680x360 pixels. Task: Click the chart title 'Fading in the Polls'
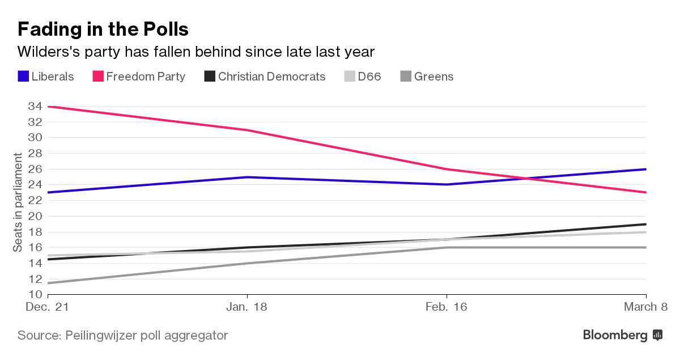tap(103, 29)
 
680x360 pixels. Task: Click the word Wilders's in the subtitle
tap(49, 52)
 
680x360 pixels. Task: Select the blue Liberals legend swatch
tap(23, 77)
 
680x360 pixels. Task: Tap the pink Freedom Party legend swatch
tap(98, 77)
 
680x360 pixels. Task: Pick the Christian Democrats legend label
tap(271, 77)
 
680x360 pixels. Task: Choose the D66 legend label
tap(369, 77)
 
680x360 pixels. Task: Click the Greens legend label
tap(433, 77)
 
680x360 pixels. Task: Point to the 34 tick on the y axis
tap(35, 107)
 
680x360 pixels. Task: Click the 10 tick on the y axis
tap(35, 294)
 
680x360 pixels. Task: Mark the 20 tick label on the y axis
tap(35, 216)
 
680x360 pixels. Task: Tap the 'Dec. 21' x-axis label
tap(48, 307)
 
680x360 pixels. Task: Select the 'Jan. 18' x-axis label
tap(246, 307)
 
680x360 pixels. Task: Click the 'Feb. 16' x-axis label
tap(446, 307)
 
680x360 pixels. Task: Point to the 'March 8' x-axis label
tap(645, 307)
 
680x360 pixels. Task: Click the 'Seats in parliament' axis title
tap(18, 202)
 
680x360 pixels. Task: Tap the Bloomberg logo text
tap(615, 335)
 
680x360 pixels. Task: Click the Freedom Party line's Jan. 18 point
tap(247, 130)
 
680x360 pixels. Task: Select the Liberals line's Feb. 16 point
tap(447, 184)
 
